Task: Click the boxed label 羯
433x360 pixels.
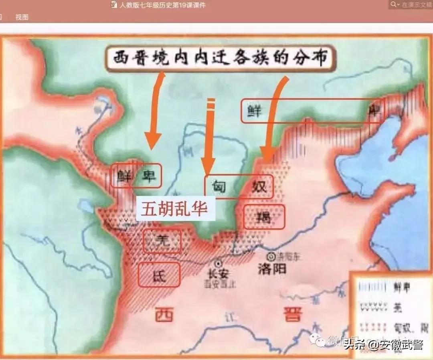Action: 264,217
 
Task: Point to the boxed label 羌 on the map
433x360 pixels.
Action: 162,241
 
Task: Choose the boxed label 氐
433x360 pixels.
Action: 159,275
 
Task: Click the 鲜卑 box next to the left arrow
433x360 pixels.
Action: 136,176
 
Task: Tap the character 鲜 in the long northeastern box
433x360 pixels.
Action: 254,111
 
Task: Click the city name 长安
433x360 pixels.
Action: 218,273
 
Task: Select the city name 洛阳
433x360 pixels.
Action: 273,268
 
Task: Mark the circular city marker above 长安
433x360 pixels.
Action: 218,263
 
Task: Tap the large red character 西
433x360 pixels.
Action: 164,314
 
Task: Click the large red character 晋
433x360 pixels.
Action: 292,313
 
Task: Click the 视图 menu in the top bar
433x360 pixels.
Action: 22,17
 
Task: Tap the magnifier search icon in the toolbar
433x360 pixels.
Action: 395,4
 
